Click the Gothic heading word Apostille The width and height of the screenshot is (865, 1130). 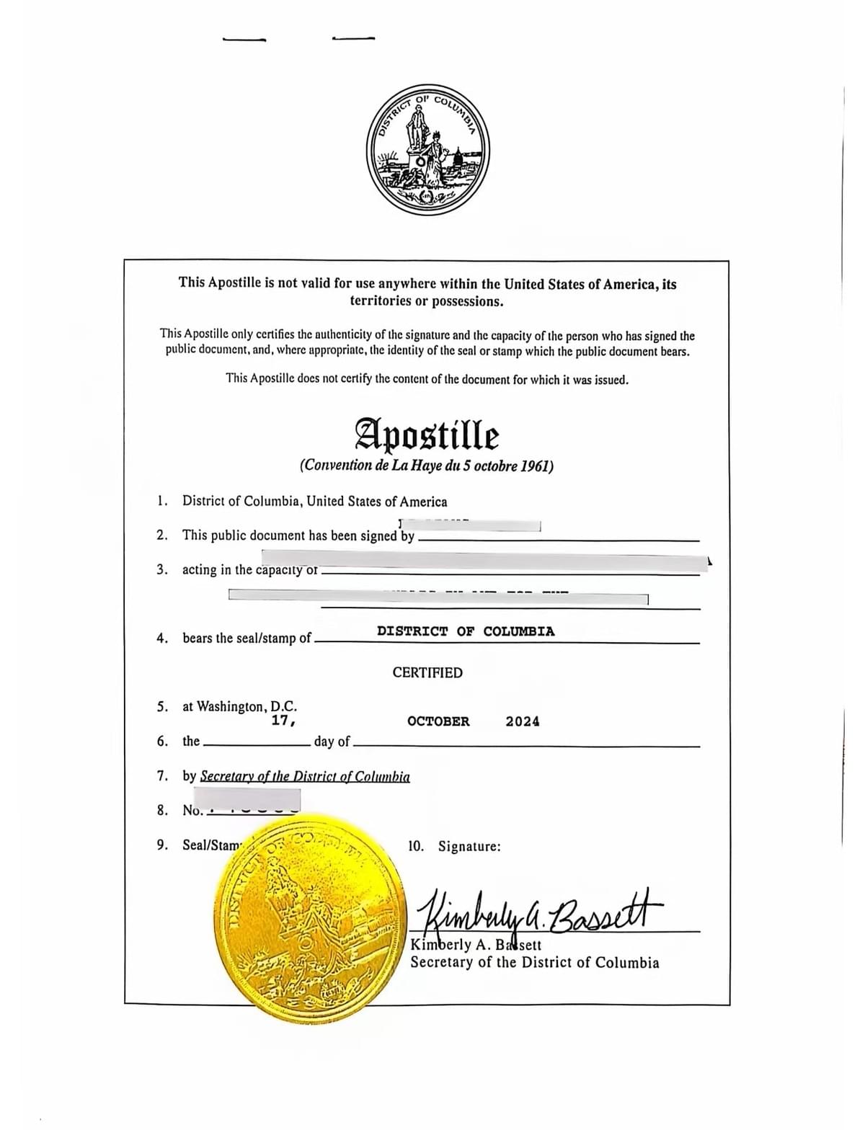click(427, 435)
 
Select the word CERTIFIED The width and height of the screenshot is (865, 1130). click(427, 672)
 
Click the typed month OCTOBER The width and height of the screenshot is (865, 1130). click(438, 721)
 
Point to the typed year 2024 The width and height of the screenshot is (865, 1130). click(523, 721)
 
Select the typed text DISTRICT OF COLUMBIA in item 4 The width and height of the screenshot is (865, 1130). click(466, 631)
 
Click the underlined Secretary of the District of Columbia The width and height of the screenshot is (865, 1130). click(305, 777)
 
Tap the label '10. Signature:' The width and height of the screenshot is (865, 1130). click(454, 846)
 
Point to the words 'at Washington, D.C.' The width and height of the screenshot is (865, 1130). click(239, 706)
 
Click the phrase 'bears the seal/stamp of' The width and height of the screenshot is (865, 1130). click(247, 639)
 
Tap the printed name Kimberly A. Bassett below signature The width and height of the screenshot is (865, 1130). click(476, 945)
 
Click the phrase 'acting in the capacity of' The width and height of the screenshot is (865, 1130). click(249, 570)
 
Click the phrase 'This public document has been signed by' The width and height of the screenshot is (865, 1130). click(298, 535)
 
